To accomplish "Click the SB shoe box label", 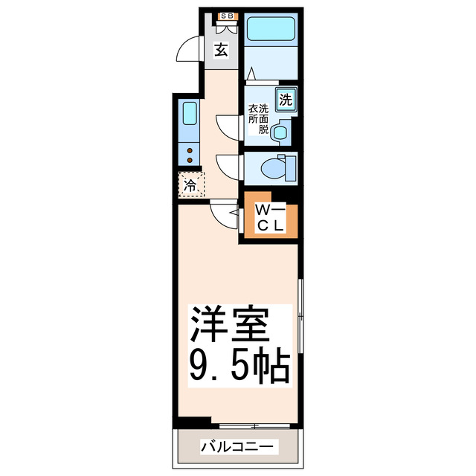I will pos(224,16).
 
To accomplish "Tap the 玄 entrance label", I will pos(222,51).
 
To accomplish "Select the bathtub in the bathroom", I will pos(271,30).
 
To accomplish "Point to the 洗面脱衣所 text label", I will pos(258,118).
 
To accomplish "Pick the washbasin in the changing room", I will pos(281,132).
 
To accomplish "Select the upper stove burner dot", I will pos(190,149).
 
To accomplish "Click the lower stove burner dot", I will pos(190,159).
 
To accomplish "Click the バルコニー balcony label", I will pos(238,448).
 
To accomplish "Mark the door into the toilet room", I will pos(228,165).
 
